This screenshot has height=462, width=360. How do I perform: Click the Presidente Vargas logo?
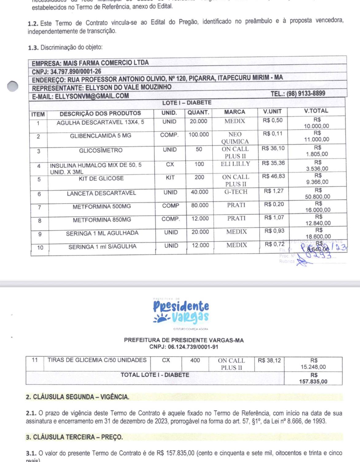click(181, 311)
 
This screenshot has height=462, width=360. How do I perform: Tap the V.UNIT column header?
click(272, 112)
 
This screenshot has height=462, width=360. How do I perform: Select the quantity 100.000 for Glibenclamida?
click(199, 135)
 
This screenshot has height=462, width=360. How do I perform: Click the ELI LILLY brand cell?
click(235, 164)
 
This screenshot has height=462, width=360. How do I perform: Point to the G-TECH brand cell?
click(236, 192)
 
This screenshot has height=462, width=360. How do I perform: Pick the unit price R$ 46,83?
click(273, 176)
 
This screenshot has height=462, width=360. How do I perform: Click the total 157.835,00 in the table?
click(313, 382)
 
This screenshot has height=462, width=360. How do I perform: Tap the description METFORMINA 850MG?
click(102, 220)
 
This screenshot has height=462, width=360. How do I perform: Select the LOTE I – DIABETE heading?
click(187, 103)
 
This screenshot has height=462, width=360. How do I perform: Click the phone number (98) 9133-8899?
click(298, 93)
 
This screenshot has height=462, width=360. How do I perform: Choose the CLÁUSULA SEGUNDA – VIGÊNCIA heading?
click(77, 397)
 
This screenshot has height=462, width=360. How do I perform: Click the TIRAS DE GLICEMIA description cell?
click(97, 360)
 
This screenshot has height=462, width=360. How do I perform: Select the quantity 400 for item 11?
click(195, 360)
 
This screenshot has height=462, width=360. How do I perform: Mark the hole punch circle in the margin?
click(13, 86)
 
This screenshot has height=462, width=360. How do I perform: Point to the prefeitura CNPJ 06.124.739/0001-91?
click(184, 347)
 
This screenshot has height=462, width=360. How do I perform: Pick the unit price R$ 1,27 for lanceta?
click(273, 191)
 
